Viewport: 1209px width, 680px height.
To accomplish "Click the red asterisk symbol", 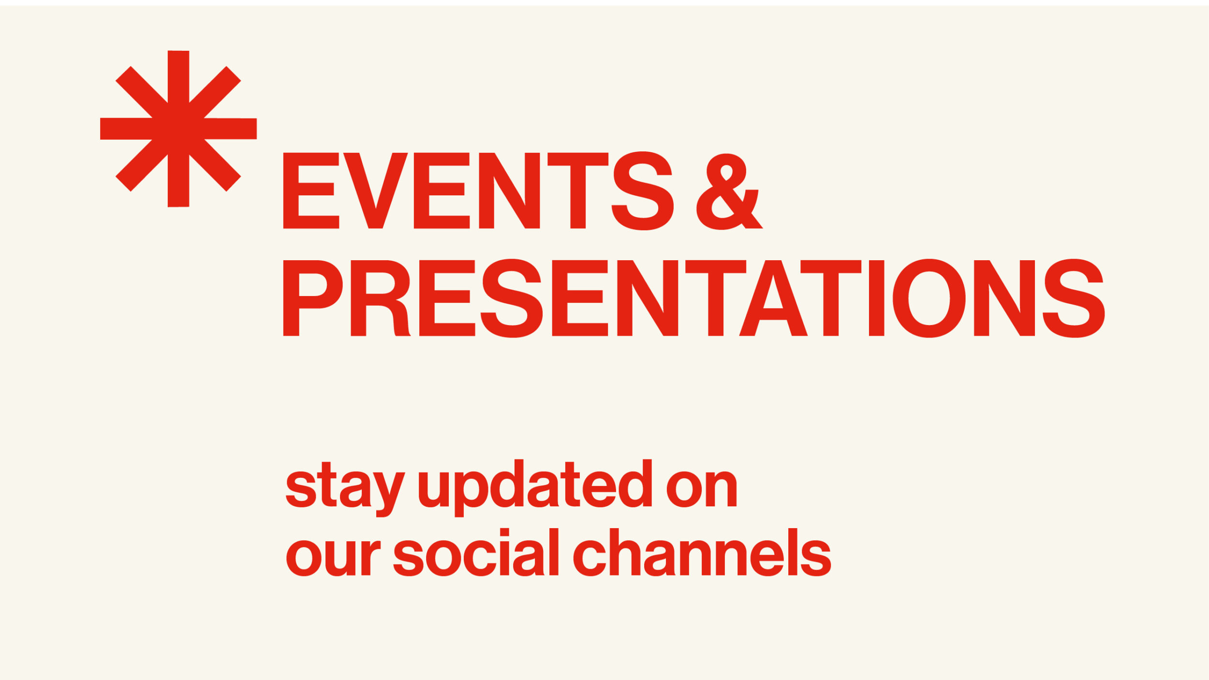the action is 178,129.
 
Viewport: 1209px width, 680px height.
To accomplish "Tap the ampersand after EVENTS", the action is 729,191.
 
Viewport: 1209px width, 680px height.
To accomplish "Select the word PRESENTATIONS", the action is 694,298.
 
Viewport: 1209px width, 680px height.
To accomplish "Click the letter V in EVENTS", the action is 376,191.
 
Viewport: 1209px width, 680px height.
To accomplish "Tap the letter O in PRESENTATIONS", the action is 929,298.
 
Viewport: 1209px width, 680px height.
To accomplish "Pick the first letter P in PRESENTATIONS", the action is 313,298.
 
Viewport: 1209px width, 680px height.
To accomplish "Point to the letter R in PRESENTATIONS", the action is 381,298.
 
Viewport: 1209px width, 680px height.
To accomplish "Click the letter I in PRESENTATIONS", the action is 876,298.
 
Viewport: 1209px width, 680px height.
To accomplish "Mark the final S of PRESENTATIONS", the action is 1074,298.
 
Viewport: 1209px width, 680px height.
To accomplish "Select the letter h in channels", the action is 625,552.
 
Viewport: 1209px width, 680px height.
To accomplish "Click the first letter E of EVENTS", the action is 311,191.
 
